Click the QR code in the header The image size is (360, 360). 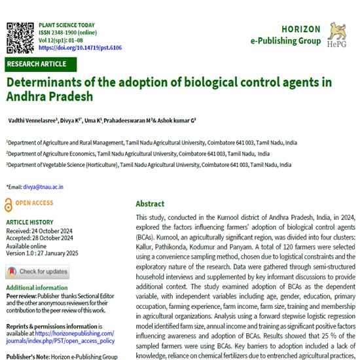point(20,36)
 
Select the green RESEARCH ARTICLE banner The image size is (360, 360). point(41,64)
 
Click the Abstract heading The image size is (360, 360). point(150,204)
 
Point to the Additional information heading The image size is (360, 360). point(38,288)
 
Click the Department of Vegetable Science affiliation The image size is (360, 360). point(149,165)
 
